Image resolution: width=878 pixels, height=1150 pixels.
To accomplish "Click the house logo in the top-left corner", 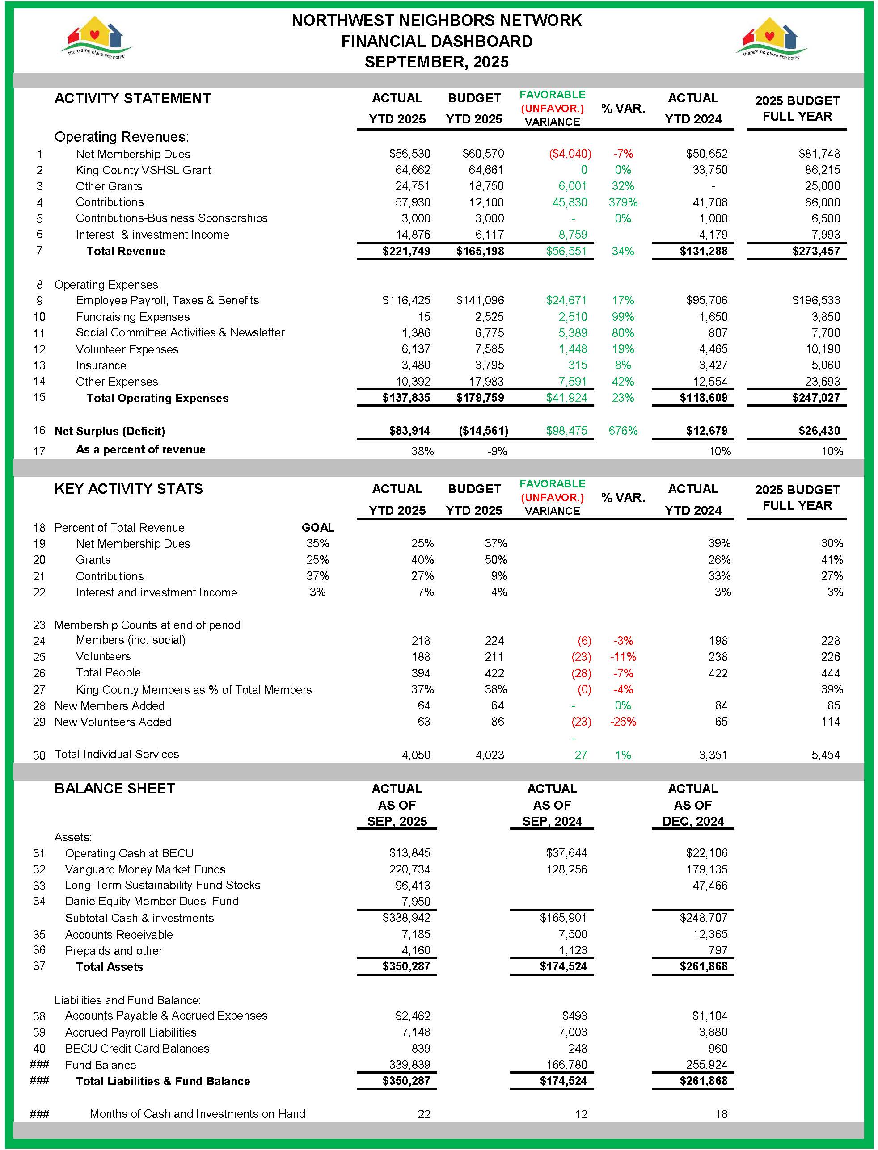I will coord(96,38).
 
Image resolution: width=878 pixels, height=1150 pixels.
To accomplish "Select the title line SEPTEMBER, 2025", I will coord(436,62).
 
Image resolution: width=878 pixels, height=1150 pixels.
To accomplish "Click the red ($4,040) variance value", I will coord(570,154).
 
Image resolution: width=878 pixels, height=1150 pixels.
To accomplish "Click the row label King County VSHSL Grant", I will coord(143,170).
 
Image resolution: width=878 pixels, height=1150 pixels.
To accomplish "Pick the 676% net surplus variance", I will coord(623,431).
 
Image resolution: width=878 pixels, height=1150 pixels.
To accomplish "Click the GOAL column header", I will coord(318,528).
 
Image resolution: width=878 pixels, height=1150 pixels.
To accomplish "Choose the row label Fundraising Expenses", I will coord(132,317).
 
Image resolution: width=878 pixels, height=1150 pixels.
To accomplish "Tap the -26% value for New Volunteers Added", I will coord(623,722).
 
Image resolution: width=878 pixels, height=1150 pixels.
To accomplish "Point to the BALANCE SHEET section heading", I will coord(114,789).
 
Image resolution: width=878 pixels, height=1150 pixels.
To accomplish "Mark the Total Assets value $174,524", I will coord(563,966).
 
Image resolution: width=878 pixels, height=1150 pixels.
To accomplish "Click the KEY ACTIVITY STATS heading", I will coord(129,489).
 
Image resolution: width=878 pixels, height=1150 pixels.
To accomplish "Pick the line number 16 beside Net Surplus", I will coord(39,430).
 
